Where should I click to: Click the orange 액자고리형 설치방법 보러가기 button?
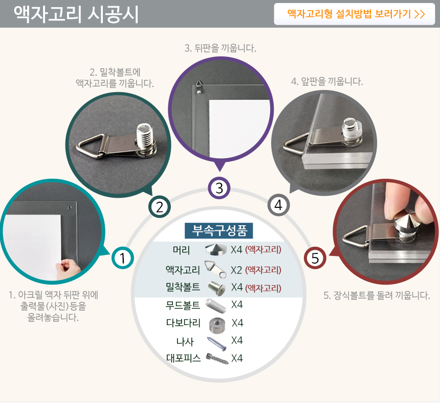pos(355,14)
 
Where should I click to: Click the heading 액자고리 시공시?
pos(76,14)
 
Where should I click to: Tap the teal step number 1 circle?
pos(123,258)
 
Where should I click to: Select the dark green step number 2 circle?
pos(160,207)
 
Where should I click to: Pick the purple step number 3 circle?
pos(219,188)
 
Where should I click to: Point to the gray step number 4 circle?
pos(278,205)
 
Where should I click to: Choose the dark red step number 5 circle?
pos(315,258)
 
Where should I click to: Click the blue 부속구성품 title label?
pos(219,230)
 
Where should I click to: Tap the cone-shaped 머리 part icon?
pos(216,249)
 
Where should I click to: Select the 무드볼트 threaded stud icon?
pos(215,306)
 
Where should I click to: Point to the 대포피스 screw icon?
pos(217,359)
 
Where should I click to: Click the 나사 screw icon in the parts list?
pos(216,344)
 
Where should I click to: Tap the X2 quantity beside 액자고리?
pos(236,270)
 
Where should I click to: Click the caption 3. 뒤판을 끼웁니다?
pos(221,48)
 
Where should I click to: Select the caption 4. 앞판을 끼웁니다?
pos(327,81)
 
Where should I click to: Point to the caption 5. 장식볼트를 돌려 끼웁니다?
pos(377,295)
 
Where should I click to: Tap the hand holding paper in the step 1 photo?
pos(68,268)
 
